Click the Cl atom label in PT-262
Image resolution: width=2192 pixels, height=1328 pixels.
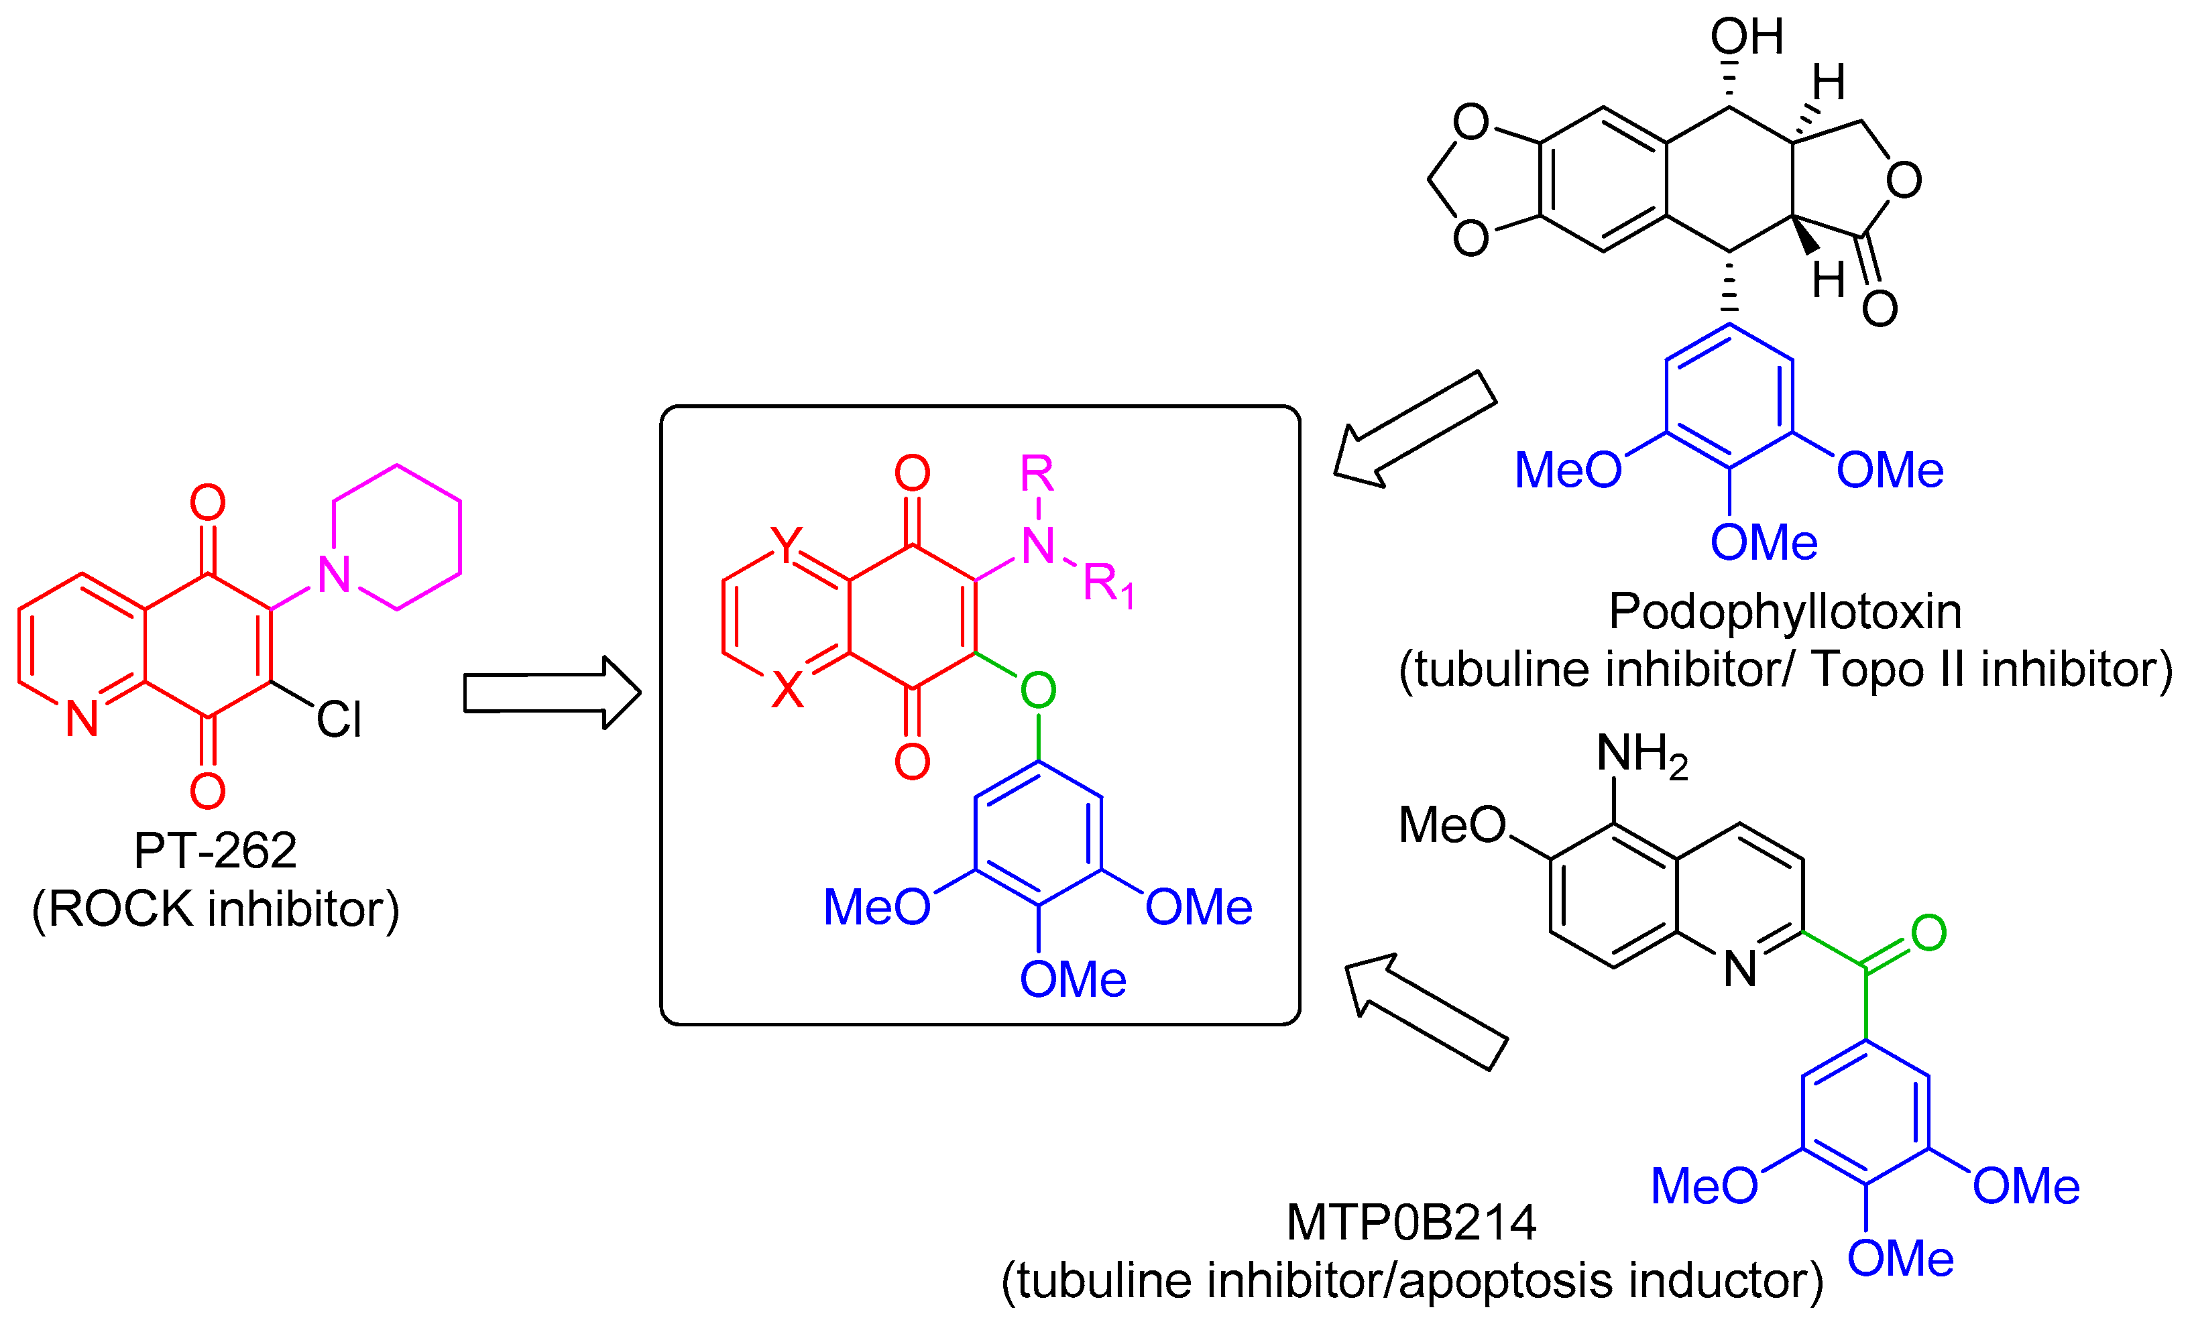339,719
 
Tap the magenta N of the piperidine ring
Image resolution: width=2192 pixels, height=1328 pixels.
335,575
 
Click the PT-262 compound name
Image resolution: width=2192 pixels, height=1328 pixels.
215,850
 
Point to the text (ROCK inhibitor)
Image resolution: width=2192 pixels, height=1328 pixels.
215,909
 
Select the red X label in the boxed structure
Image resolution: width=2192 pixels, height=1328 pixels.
787,689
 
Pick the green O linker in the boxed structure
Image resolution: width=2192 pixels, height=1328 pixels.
1038,689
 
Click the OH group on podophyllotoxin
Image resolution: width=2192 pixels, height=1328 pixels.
1746,38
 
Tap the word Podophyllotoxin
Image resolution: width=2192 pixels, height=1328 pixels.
1784,612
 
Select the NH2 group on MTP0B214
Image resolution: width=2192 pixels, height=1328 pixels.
1641,756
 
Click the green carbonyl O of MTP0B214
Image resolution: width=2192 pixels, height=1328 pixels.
1928,933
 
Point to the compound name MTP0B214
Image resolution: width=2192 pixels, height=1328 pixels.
1411,1223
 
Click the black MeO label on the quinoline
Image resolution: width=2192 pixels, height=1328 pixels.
1452,825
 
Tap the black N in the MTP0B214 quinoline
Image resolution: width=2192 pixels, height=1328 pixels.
1740,969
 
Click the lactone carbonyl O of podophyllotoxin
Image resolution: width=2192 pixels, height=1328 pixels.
1880,308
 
